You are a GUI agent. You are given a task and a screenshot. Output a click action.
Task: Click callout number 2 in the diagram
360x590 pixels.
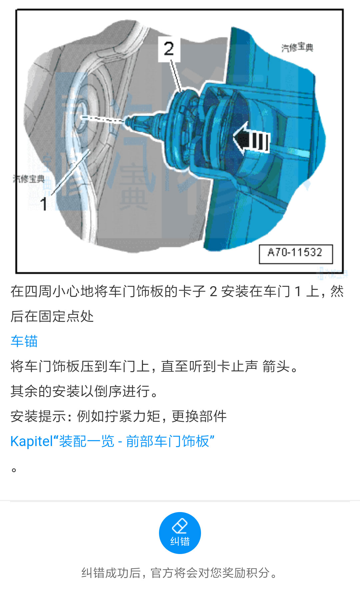click(x=169, y=49)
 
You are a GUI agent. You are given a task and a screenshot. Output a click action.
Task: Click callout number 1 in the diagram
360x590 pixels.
click(x=44, y=204)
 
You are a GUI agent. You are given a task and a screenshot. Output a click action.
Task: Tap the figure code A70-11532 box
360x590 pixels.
click(x=296, y=254)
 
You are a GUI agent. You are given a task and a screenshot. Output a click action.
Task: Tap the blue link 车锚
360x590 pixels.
click(x=24, y=341)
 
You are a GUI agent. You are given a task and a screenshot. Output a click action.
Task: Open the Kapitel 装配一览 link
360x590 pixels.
click(x=112, y=441)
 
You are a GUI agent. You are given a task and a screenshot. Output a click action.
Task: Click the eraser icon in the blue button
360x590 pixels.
click(x=180, y=526)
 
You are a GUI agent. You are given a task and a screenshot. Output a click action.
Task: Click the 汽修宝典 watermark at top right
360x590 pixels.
click(x=297, y=48)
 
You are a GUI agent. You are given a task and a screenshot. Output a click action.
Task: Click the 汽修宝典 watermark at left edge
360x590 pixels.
click(x=29, y=179)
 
